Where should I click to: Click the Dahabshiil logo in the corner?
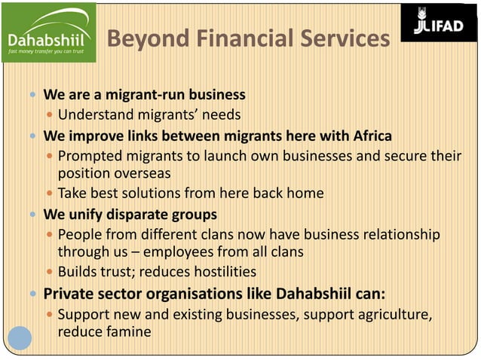tap(48, 32)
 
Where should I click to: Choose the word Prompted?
tap(91, 156)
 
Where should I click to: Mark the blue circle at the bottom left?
tap(20, 337)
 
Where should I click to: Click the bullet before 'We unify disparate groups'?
tap(32, 215)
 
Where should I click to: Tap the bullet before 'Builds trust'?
tap(50, 272)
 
